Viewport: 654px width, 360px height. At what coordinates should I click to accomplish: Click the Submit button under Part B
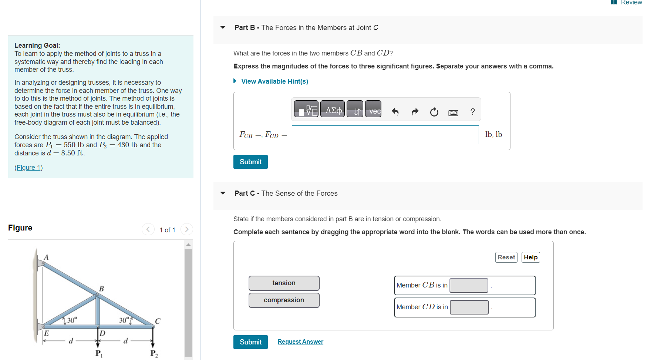(250, 162)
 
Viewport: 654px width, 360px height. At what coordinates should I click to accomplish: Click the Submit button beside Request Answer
(250, 342)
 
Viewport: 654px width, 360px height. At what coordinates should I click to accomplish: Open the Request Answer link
(300, 342)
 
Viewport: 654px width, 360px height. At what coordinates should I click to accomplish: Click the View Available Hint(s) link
(274, 81)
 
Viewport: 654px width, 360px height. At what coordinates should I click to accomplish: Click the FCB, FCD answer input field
(385, 135)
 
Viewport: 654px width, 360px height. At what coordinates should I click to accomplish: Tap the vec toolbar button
(373, 109)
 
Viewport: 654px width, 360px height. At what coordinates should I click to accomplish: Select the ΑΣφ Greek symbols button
(333, 109)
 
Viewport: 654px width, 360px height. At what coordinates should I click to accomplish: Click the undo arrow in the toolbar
(395, 112)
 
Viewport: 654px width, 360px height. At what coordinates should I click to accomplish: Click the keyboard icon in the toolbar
(453, 112)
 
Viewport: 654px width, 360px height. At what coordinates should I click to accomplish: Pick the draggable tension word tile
(284, 283)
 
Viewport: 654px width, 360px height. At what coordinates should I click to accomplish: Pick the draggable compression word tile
(284, 300)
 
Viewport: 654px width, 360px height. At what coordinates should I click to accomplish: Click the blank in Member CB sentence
(469, 285)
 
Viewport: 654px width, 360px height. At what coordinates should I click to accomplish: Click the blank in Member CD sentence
(469, 307)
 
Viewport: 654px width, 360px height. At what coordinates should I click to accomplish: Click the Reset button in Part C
(506, 257)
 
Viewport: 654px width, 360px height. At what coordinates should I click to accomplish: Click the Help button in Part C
(530, 257)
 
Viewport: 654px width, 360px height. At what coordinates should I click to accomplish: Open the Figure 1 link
(28, 168)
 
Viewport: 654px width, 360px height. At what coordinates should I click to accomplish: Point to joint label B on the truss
(101, 289)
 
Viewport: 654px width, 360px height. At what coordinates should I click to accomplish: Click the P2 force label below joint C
(154, 353)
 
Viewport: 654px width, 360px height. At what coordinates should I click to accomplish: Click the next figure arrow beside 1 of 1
(187, 229)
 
